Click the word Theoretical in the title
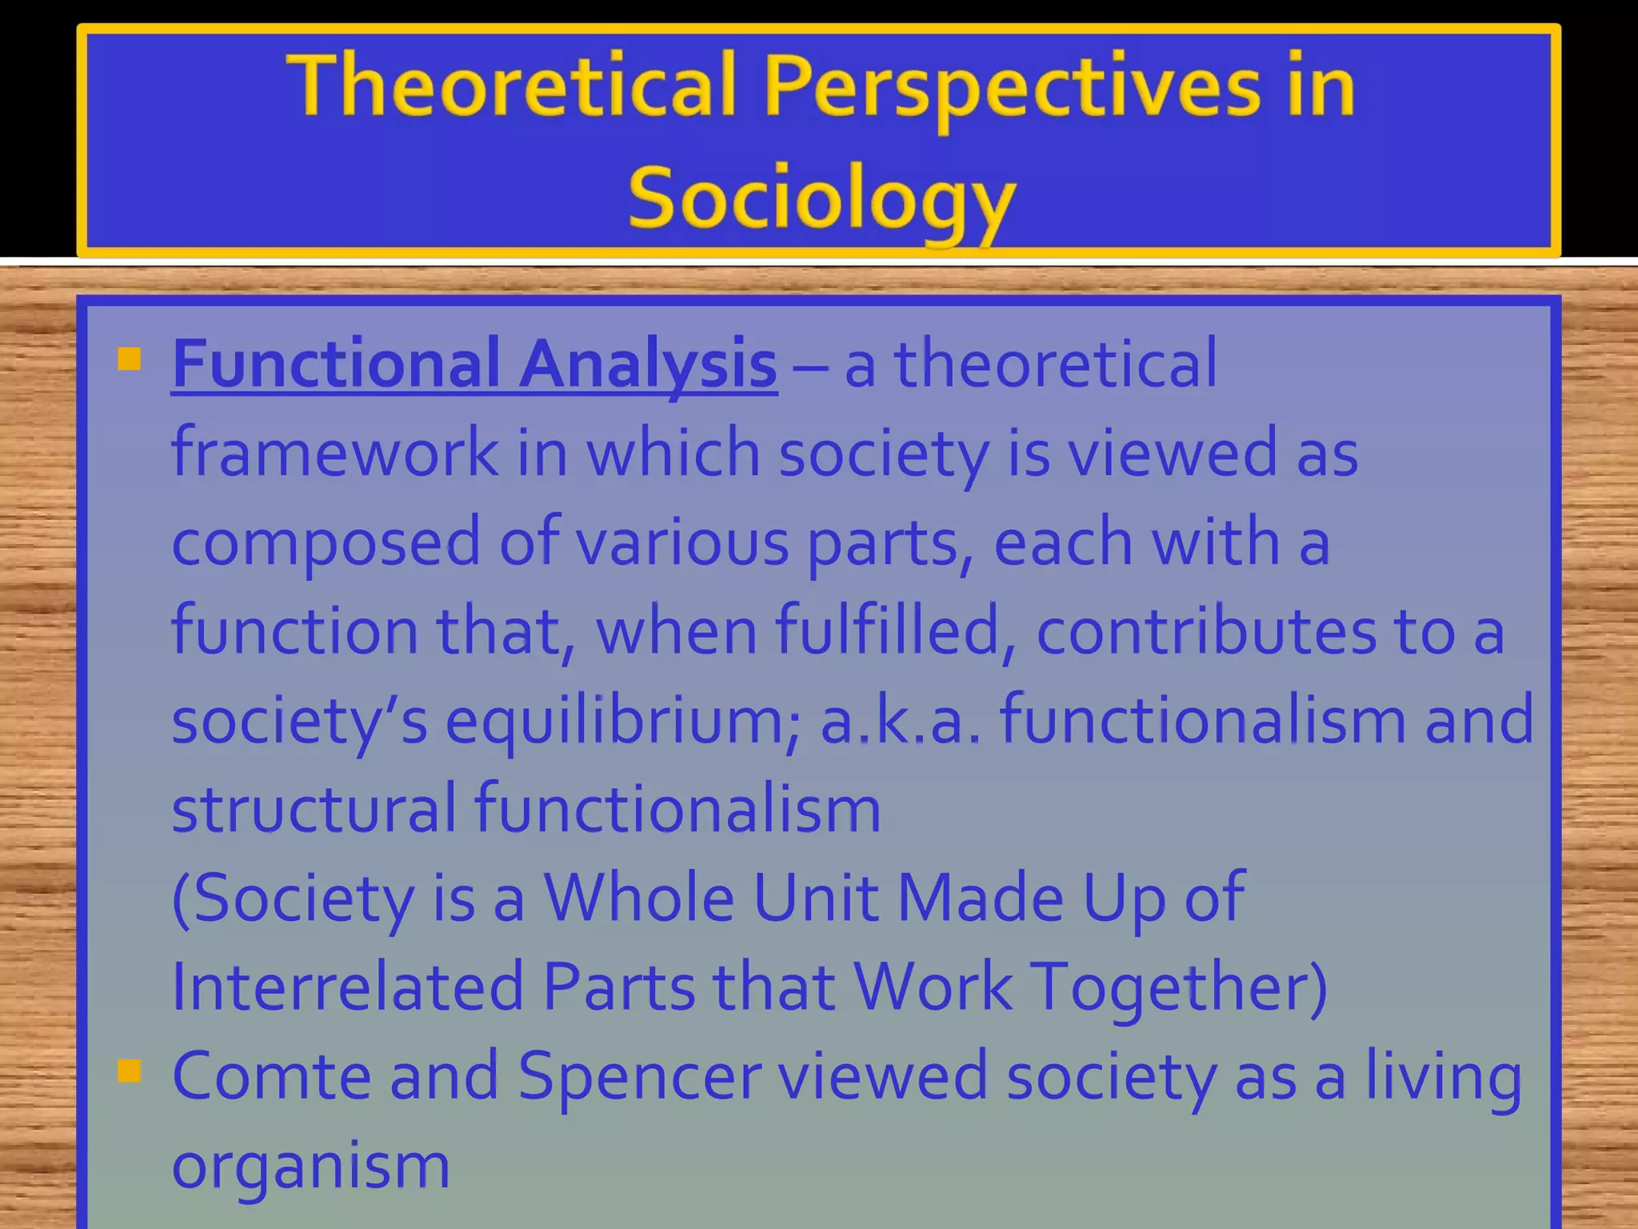point(512,86)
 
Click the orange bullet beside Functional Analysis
point(129,359)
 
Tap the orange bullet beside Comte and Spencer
point(129,1071)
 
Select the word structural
point(314,809)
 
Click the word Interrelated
point(346,987)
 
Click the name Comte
point(271,1077)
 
